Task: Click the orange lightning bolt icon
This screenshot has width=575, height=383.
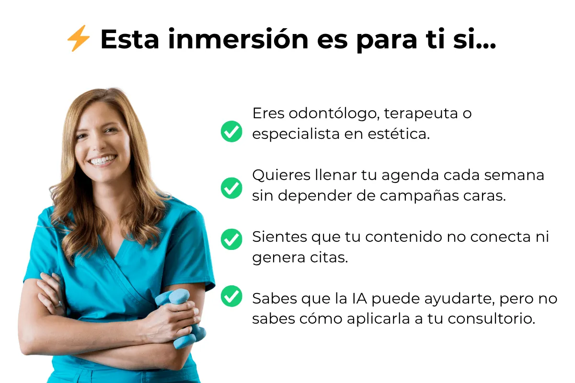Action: [x=79, y=38]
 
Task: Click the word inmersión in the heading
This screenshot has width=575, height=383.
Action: [x=238, y=39]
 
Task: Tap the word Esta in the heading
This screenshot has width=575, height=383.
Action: [x=130, y=39]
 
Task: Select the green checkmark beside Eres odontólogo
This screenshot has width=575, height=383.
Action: [x=231, y=131]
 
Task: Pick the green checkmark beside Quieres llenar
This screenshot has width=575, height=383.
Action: [x=231, y=188]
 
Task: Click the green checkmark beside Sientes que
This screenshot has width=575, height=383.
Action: [x=231, y=239]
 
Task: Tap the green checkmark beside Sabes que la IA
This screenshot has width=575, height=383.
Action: [x=231, y=296]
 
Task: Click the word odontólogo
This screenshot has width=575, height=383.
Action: [x=334, y=113]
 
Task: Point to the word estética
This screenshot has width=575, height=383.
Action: [x=399, y=134]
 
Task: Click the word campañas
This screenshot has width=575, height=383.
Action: [x=419, y=196]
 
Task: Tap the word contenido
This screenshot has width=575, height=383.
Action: [x=404, y=237]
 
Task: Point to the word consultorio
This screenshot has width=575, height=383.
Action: [x=491, y=319]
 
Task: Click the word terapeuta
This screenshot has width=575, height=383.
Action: [x=421, y=114]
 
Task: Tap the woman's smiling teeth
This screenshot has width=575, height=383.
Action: [x=103, y=160]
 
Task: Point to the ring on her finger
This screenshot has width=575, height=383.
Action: [x=59, y=304]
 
